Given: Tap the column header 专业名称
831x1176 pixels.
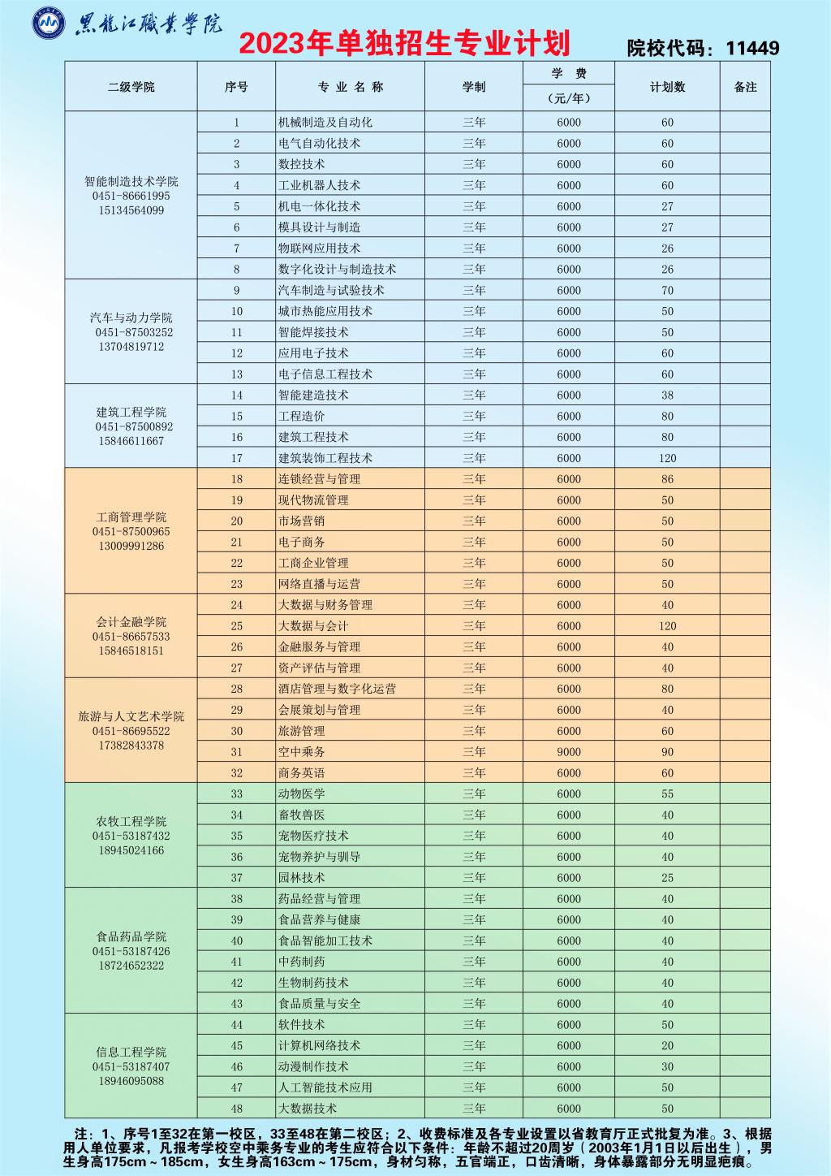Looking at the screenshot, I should pos(350,87).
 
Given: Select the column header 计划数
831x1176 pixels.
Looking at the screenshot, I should pos(667,87).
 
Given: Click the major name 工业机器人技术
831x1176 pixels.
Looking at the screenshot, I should pos(319,185).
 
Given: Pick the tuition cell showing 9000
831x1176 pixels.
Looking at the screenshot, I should pos(569,752).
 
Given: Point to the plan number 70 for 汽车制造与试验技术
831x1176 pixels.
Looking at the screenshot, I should pos(667,290).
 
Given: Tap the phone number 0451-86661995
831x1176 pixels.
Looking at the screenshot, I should pos(131,197).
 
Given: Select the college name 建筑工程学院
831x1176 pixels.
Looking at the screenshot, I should pos(131,412).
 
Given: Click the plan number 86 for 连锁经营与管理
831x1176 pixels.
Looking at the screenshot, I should pos(667,479).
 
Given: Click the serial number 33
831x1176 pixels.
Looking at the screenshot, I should pos(237,793).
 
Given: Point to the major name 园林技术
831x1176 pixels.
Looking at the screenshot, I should pos(301,878).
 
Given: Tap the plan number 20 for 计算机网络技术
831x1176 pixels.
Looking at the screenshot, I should pos(667,1045).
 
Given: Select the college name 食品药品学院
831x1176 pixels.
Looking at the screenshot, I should pos(131,936).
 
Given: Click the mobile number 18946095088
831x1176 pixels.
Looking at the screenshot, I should pos(131,1081).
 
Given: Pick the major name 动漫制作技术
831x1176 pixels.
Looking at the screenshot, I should pos(313,1066).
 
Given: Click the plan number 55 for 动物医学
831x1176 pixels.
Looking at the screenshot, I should pos(667,793).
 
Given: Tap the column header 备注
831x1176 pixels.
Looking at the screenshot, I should pos(745,87).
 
